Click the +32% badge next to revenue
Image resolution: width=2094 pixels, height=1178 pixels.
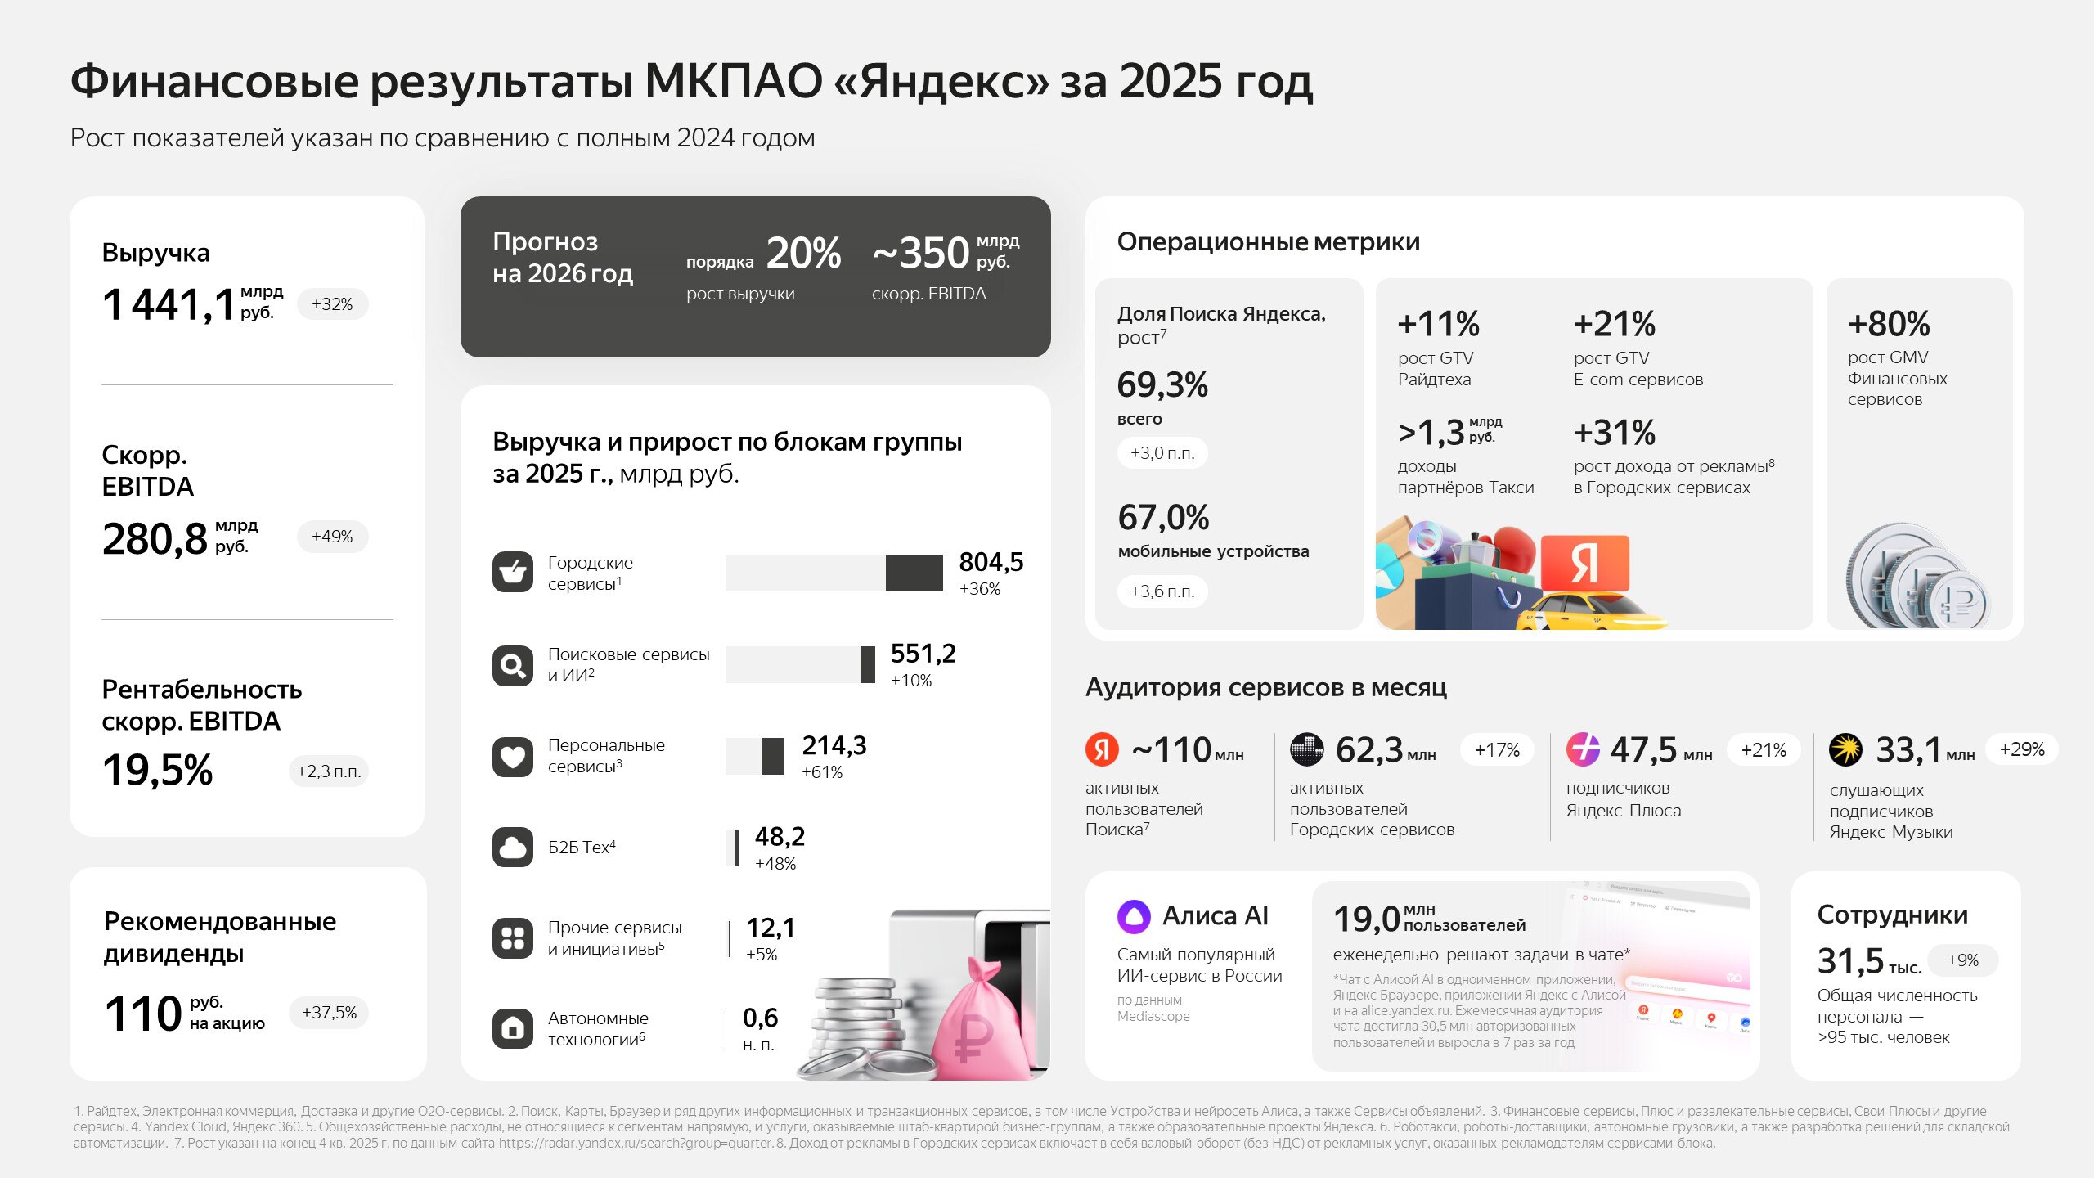point(332,304)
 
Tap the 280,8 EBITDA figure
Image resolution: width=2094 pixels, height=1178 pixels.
point(155,539)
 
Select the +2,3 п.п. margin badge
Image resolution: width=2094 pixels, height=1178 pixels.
point(329,771)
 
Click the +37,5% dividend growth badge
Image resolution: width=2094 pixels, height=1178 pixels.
point(329,1013)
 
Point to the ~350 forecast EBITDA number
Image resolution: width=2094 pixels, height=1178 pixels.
point(921,253)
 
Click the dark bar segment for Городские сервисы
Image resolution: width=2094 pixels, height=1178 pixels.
point(914,573)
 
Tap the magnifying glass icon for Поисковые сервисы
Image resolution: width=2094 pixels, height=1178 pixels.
point(513,666)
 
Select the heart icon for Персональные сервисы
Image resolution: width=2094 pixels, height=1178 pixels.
point(513,757)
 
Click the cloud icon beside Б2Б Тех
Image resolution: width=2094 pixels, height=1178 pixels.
point(513,848)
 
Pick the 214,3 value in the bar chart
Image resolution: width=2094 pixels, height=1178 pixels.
point(834,745)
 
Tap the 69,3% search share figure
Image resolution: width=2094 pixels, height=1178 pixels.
point(1162,384)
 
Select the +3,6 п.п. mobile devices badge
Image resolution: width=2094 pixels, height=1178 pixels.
point(1162,591)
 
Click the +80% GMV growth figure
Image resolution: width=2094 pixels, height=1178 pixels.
point(1889,324)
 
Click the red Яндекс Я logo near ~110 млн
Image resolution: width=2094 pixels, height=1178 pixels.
point(1102,749)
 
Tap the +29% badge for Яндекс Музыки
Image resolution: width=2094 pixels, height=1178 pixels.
point(2022,749)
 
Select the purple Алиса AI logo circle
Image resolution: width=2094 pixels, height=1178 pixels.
point(1134,916)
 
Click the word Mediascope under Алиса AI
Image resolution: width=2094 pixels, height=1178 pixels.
point(1153,1016)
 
